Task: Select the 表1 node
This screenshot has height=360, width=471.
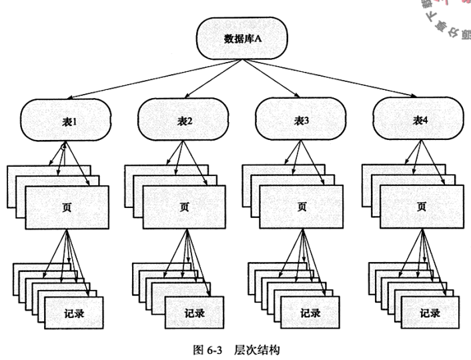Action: click(66, 120)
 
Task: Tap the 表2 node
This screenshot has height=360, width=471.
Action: click(184, 120)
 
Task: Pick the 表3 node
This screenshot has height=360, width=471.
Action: click(302, 120)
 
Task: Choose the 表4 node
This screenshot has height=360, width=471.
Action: click(418, 120)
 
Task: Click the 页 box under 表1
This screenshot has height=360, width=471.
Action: click(67, 207)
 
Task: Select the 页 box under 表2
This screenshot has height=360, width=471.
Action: click(184, 207)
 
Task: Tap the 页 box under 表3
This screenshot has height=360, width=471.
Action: click(302, 207)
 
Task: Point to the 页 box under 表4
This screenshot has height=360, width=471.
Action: click(421, 207)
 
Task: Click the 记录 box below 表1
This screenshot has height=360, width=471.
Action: click(74, 313)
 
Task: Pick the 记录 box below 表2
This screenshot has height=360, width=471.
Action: click(194, 313)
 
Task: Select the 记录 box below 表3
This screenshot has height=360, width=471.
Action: click(310, 313)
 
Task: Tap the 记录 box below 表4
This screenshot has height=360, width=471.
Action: click(429, 313)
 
